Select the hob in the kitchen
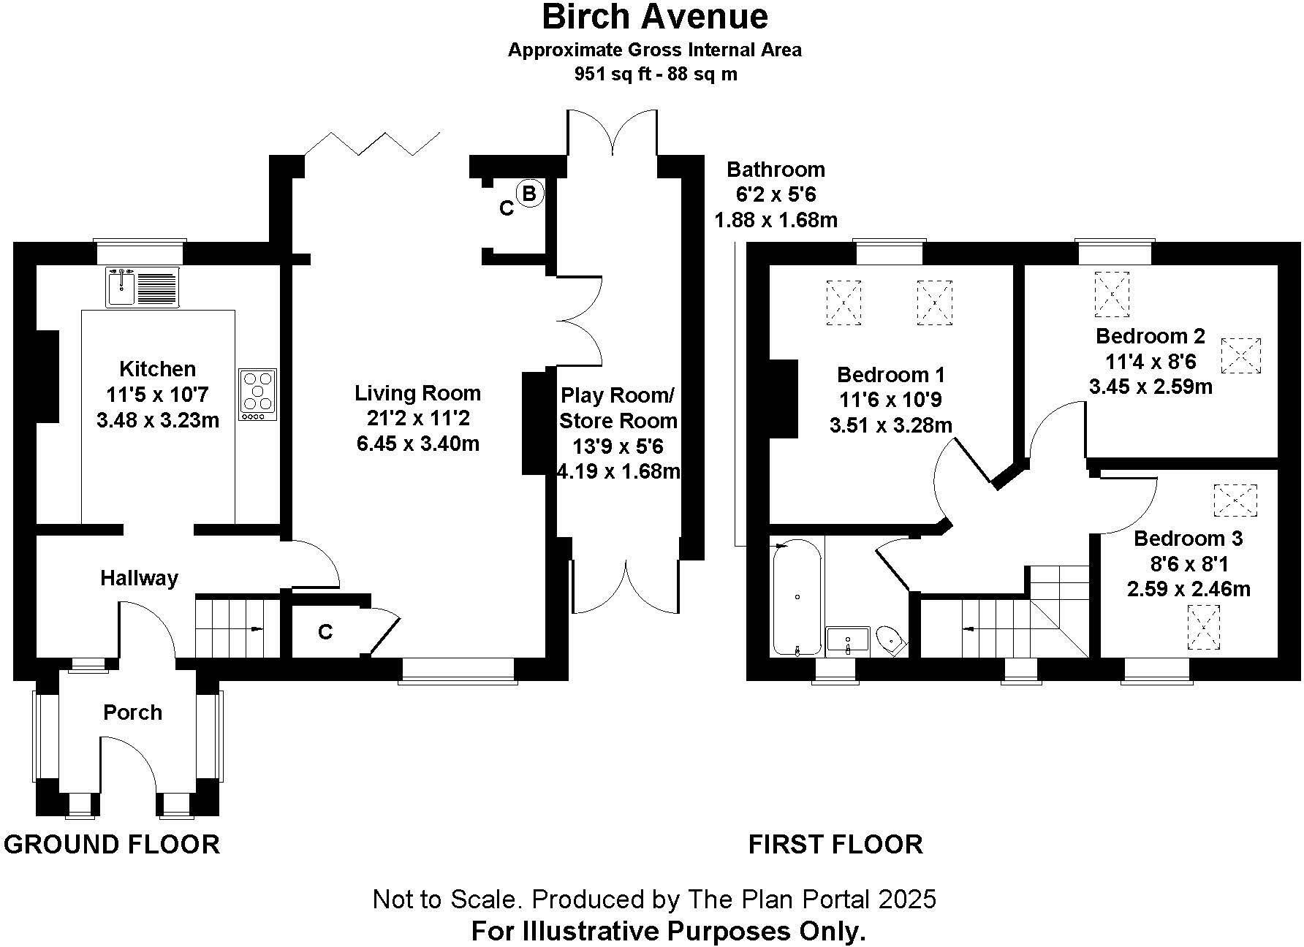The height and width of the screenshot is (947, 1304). pos(258,395)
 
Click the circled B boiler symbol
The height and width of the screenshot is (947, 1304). pos(530,194)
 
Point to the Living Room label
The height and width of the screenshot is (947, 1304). pos(417,393)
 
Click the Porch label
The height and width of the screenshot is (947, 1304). pos(132,712)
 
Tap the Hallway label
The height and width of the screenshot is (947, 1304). pos(139,579)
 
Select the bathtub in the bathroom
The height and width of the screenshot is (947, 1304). pos(797,598)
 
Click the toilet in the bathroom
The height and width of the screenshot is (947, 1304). pos(891,641)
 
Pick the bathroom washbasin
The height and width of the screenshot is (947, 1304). pos(847,639)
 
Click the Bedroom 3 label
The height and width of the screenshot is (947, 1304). pos(1188,539)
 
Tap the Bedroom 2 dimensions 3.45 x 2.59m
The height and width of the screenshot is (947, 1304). pos(1151,387)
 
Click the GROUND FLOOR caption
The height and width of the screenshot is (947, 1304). pos(112,845)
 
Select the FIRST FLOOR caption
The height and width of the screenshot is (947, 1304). pos(835,845)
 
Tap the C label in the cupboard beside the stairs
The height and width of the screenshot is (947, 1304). pos(325,631)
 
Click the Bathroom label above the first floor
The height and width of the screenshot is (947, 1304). pos(776,170)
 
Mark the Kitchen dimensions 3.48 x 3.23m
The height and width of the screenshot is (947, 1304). pos(157,420)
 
